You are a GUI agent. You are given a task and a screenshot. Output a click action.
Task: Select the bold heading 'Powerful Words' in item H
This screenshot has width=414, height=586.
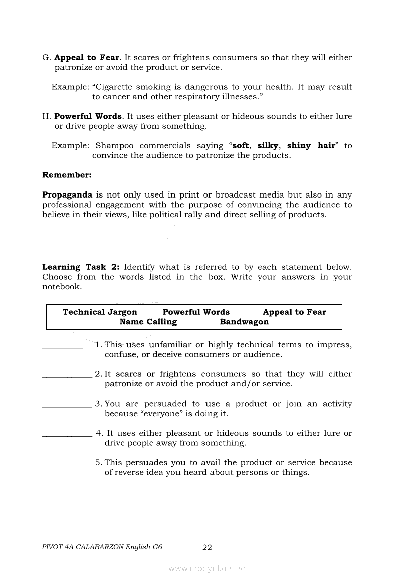88,116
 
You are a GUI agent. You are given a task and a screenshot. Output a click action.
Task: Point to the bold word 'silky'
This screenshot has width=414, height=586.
268,146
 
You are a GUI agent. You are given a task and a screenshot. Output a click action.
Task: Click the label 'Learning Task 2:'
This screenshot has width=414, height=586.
81,267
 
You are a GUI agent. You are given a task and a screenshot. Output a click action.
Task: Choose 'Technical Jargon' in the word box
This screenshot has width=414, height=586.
100,312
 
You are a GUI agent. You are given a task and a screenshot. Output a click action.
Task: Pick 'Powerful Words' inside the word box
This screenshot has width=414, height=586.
196,312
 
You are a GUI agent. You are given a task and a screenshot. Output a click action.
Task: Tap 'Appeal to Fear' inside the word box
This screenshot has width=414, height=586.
294,312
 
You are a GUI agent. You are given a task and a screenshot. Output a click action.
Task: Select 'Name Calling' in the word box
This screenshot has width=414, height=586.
148,322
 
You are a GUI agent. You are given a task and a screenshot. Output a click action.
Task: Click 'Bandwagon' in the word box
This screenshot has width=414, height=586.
244,322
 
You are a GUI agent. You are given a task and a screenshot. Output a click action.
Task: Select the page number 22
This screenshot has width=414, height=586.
207,548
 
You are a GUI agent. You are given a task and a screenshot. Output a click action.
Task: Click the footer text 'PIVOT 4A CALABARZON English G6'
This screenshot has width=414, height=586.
102,548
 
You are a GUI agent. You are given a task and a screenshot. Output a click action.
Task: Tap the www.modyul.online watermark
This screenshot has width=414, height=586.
207,569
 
